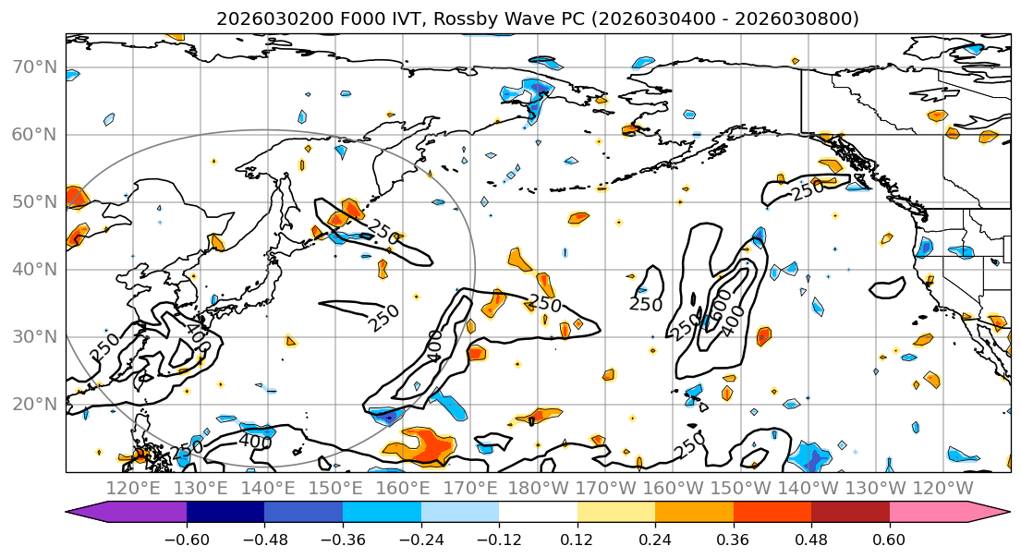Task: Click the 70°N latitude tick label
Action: [35, 67]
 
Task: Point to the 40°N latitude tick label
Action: [35, 270]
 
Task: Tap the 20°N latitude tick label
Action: [35, 405]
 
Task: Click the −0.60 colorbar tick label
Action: [187, 540]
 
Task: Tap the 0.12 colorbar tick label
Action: [577, 540]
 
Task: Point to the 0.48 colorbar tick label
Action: [811, 540]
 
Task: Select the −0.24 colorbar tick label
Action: [420, 540]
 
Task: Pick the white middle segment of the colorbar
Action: [538, 513]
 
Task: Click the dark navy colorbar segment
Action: [225, 513]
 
